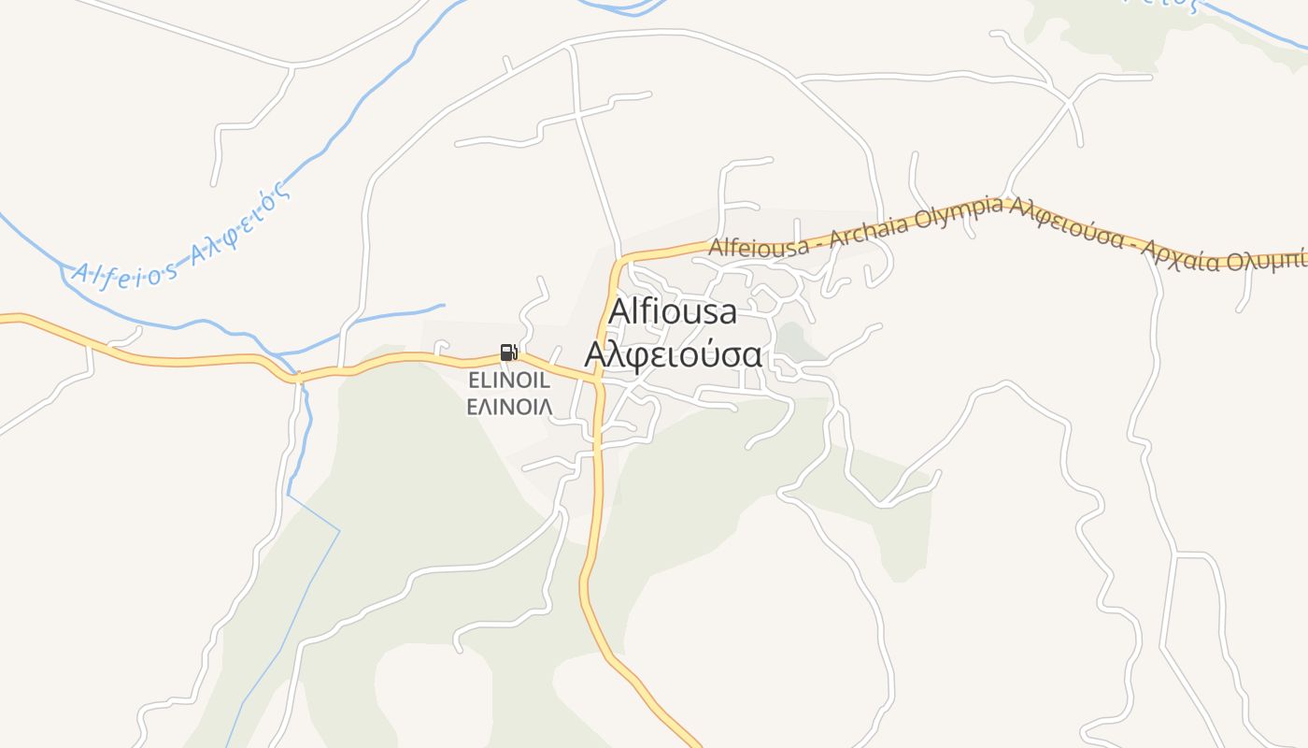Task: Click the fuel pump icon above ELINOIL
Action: coord(508,352)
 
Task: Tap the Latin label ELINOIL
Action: coord(508,381)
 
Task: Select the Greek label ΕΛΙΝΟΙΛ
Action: coord(508,406)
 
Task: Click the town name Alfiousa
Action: coord(673,311)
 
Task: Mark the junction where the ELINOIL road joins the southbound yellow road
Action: coord(597,380)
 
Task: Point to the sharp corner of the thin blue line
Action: coord(339,532)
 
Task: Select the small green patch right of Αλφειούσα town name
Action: coord(794,342)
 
